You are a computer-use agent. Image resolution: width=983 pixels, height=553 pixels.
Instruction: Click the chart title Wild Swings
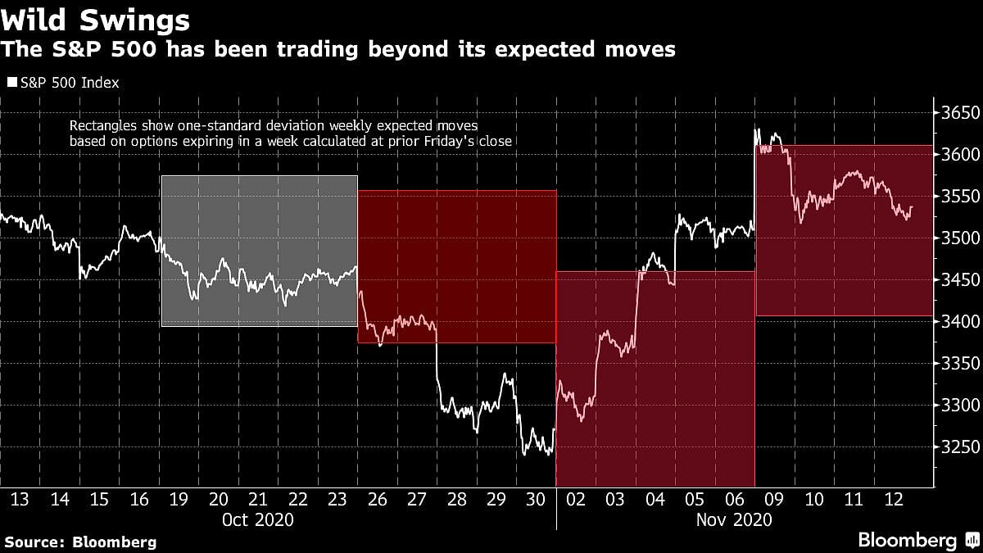96,20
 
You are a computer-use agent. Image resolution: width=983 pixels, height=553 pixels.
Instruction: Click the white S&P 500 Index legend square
11,82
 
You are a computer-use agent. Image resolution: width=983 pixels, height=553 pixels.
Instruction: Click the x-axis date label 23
337,499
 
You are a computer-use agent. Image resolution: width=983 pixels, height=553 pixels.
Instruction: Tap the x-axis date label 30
537,499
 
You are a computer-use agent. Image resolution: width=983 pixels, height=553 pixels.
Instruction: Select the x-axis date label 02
577,499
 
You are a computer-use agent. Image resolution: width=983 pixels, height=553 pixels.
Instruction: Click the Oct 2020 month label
258,519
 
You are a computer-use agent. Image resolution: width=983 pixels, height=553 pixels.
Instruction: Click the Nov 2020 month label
735,519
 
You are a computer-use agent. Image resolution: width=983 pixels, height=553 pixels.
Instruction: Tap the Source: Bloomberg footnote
80,542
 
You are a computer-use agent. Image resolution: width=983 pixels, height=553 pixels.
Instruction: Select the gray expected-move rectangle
260,251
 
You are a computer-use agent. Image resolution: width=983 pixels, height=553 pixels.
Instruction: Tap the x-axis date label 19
179,499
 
